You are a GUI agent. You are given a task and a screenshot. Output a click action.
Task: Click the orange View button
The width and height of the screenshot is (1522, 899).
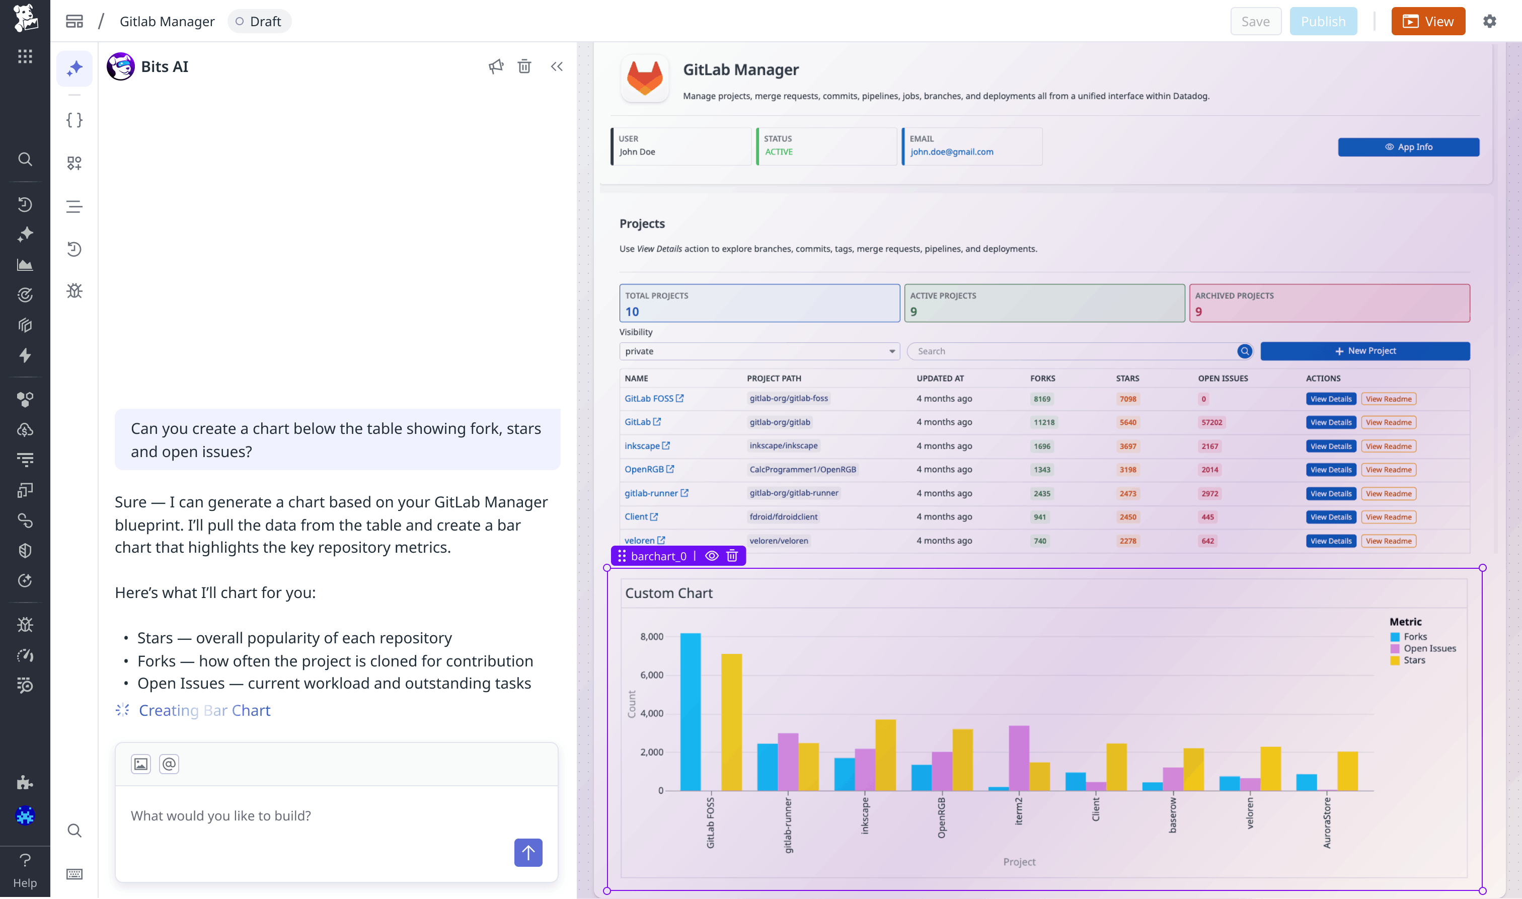pyautogui.click(x=1427, y=21)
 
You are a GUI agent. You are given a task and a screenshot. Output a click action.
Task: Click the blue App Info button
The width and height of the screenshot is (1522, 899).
pyautogui.click(x=1408, y=147)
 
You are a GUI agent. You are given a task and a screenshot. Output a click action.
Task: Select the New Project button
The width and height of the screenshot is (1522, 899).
pyautogui.click(x=1364, y=351)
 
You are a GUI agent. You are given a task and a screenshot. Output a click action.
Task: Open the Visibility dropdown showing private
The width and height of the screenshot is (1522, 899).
pyautogui.click(x=759, y=351)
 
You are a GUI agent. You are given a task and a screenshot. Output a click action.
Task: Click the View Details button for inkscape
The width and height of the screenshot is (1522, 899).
pyautogui.click(x=1330, y=446)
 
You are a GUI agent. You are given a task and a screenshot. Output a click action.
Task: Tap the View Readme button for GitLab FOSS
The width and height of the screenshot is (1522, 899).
pyautogui.click(x=1388, y=399)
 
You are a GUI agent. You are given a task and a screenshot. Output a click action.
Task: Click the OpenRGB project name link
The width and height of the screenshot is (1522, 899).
pyautogui.click(x=644, y=470)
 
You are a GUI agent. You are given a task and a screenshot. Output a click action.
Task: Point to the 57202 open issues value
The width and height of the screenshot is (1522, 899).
pyautogui.click(x=1211, y=423)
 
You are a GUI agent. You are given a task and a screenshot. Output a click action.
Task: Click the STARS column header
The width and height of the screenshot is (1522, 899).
pyautogui.click(x=1127, y=379)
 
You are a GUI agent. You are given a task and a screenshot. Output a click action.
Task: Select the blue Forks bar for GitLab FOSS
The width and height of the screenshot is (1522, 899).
pyautogui.click(x=691, y=712)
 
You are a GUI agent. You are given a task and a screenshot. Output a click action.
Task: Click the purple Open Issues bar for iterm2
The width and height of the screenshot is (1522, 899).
pyautogui.click(x=1019, y=757)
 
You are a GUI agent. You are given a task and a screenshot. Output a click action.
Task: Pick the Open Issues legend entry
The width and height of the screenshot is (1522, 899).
pyautogui.click(x=1429, y=648)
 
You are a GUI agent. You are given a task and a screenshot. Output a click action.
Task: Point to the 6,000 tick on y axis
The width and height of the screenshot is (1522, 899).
pyautogui.click(x=652, y=675)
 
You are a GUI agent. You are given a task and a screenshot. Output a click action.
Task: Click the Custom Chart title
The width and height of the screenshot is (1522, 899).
pyautogui.click(x=668, y=593)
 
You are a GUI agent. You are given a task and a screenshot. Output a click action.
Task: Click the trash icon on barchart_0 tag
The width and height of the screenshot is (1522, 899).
pyautogui.click(x=732, y=556)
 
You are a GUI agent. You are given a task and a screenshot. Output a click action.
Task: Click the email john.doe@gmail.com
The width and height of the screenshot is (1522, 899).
pyautogui.click(x=951, y=152)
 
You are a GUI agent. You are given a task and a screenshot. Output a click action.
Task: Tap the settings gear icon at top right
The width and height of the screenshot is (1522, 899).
pyautogui.click(x=1489, y=21)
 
